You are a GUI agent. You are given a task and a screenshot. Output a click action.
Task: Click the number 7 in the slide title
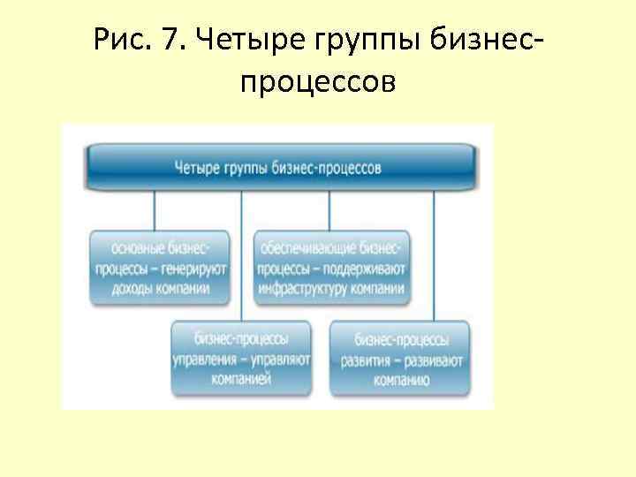click(x=170, y=41)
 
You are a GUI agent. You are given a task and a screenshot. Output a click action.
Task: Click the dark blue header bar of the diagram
click(x=281, y=166)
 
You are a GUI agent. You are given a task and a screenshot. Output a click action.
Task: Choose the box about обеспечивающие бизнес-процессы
click(x=332, y=268)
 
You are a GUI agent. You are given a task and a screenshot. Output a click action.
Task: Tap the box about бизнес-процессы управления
click(x=241, y=358)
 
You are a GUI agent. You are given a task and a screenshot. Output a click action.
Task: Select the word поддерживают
click(x=371, y=269)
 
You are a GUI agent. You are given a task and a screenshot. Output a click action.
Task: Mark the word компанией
click(x=241, y=378)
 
